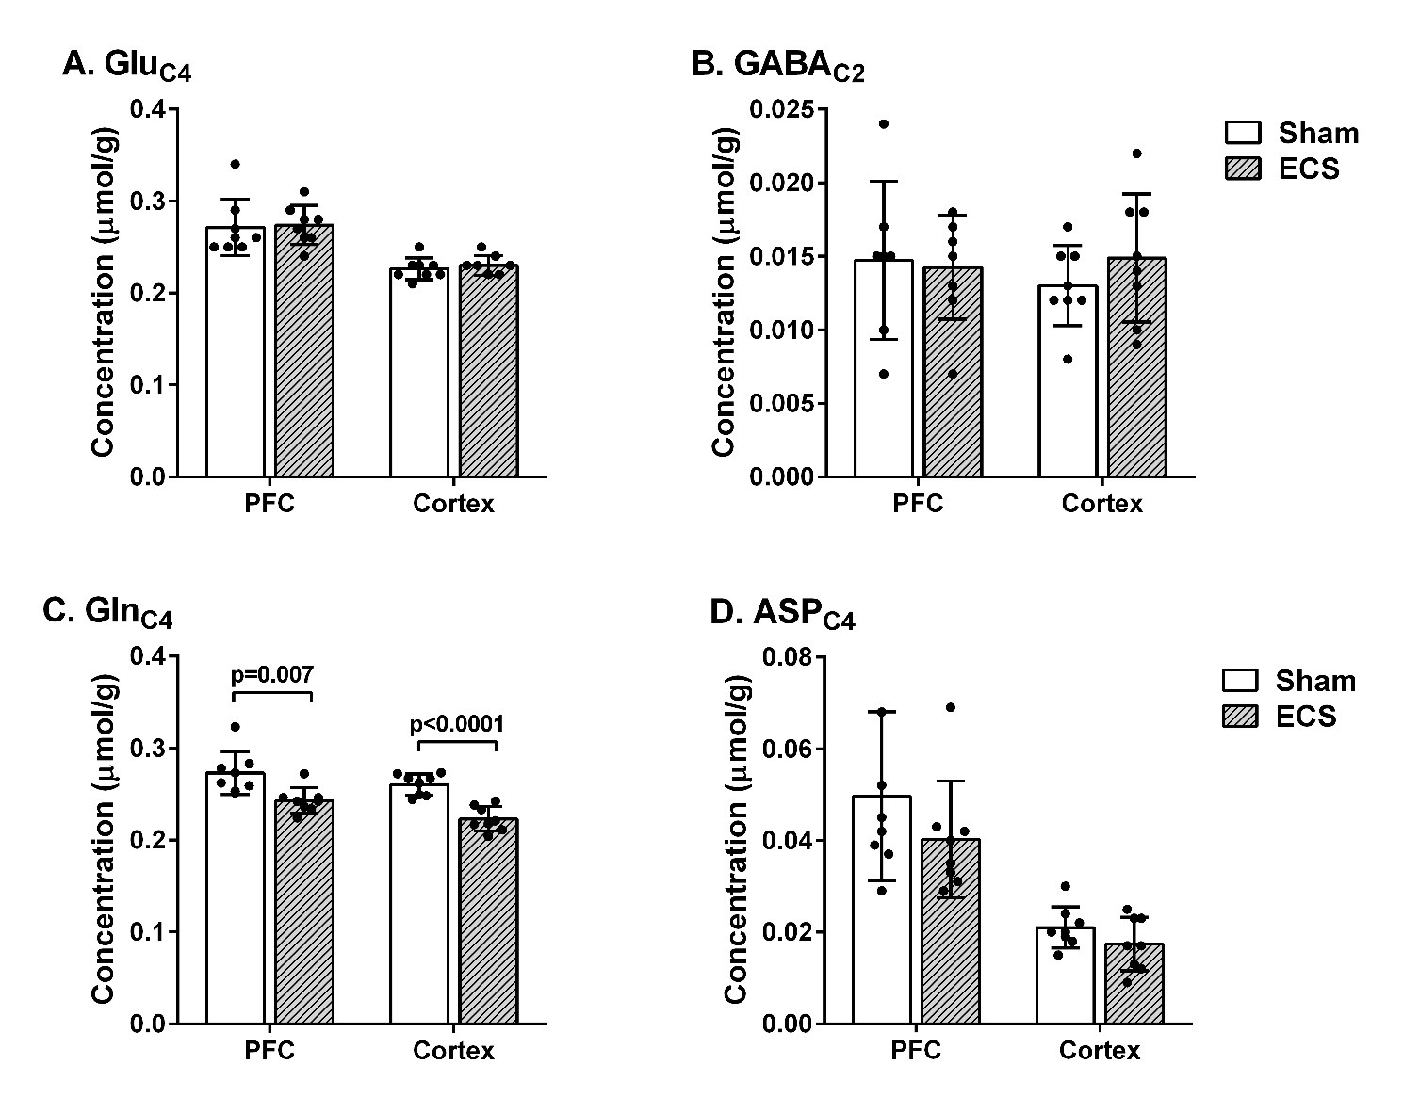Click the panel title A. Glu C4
coord(127,67)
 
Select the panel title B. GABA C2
coord(777,67)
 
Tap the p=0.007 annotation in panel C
coord(272,674)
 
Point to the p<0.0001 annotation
coord(456,723)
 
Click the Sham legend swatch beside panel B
coord(1243,132)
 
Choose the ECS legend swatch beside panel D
coord(1240,717)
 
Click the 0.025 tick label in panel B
coord(782,109)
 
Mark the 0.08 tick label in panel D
coord(789,657)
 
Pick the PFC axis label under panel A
coord(269,503)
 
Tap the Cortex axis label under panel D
coord(1100,1051)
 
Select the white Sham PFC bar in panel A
coord(236,352)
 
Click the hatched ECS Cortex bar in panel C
coord(489,921)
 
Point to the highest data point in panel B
coord(884,123)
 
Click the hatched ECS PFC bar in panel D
coord(951,931)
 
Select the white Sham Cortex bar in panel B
coord(1068,381)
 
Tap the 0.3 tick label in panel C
coord(147,748)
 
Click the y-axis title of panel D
coord(736,840)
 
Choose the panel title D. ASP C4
coord(782,615)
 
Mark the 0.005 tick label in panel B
coord(782,404)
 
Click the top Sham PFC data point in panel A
coord(236,164)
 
